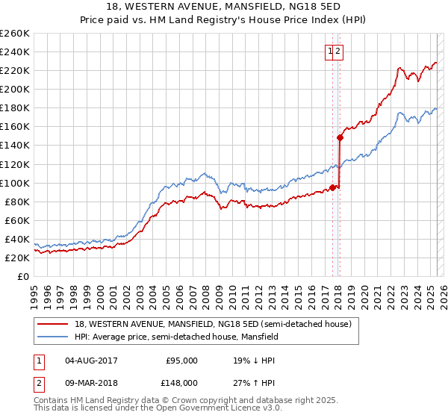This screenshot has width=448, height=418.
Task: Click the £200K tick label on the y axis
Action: (x=15, y=89)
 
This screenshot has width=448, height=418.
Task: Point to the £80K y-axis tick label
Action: (x=17, y=202)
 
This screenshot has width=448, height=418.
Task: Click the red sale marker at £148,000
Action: (x=340, y=137)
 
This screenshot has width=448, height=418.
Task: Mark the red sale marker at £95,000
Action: (x=332, y=187)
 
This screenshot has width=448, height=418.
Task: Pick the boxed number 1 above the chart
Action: (x=329, y=51)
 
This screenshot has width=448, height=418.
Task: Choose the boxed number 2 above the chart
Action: (x=337, y=51)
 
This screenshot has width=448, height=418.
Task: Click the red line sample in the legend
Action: (x=52, y=323)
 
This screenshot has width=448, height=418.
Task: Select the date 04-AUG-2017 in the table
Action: (x=91, y=361)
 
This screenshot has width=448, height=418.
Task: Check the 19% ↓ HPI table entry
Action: (x=254, y=361)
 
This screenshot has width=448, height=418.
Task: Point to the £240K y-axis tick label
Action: (x=15, y=52)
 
